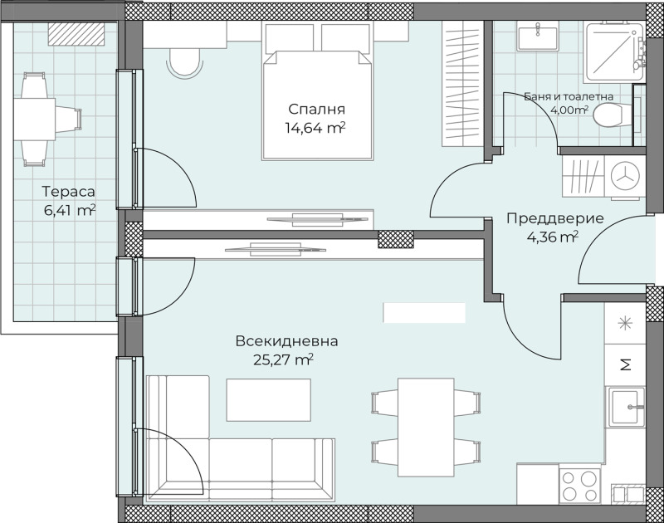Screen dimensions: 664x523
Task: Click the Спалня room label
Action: coord(316,110)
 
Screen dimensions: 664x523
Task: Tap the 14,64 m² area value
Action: coord(316,128)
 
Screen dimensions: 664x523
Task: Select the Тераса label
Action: coord(69,192)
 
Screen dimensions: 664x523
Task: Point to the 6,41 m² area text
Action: coord(70,210)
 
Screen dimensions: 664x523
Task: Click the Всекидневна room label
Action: coord(286,341)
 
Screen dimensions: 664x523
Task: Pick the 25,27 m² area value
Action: coord(283,359)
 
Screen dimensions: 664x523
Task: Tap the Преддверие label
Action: coord(555,218)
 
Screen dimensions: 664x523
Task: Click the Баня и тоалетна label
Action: coord(569,97)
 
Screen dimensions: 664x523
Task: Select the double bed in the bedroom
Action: coord(318,92)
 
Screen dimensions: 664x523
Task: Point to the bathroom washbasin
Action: coord(537,37)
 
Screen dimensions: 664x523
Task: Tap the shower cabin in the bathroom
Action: coord(614,51)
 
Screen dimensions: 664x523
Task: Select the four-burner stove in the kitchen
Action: coord(579,486)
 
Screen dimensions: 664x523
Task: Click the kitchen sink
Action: coord(627,407)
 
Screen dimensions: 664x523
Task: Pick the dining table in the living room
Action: coord(426,428)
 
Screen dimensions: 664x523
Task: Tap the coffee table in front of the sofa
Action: coord(268,400)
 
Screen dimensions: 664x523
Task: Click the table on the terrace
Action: coord(34,119)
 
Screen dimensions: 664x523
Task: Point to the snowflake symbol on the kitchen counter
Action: coord(625,324)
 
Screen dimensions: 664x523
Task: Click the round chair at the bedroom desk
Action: coord(184,61)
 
